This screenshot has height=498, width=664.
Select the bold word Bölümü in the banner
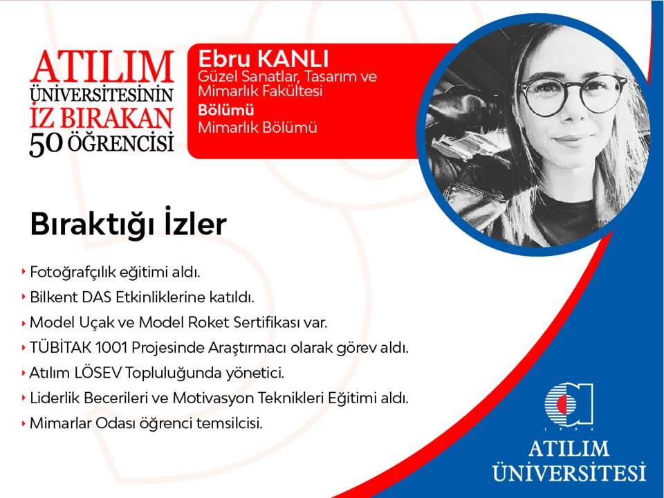pos(226,110)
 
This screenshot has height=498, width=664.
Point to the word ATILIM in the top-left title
pos(102,66)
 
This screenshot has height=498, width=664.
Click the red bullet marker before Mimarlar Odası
pos(24,423)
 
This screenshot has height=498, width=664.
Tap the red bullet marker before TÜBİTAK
pos(24,348)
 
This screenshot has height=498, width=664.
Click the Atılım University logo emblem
pos(569,405)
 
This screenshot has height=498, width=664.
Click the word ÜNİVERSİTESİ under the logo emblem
pos(569,471)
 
